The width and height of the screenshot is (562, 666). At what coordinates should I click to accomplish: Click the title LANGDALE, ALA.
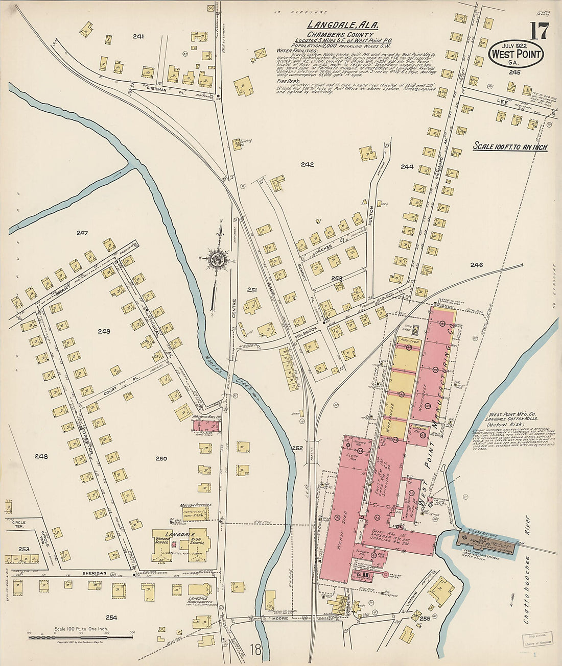(332, 24)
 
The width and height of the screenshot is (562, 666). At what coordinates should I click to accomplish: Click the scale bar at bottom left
(80, 636)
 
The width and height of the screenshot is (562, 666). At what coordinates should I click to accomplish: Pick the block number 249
(104, 331)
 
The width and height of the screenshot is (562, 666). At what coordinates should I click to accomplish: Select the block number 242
(307, 164)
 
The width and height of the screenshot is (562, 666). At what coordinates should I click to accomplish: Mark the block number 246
(476, 265)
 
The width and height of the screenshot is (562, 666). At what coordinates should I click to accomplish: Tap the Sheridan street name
(95, 573)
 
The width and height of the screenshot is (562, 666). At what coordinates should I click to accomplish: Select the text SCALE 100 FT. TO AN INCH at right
(509, 147)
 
